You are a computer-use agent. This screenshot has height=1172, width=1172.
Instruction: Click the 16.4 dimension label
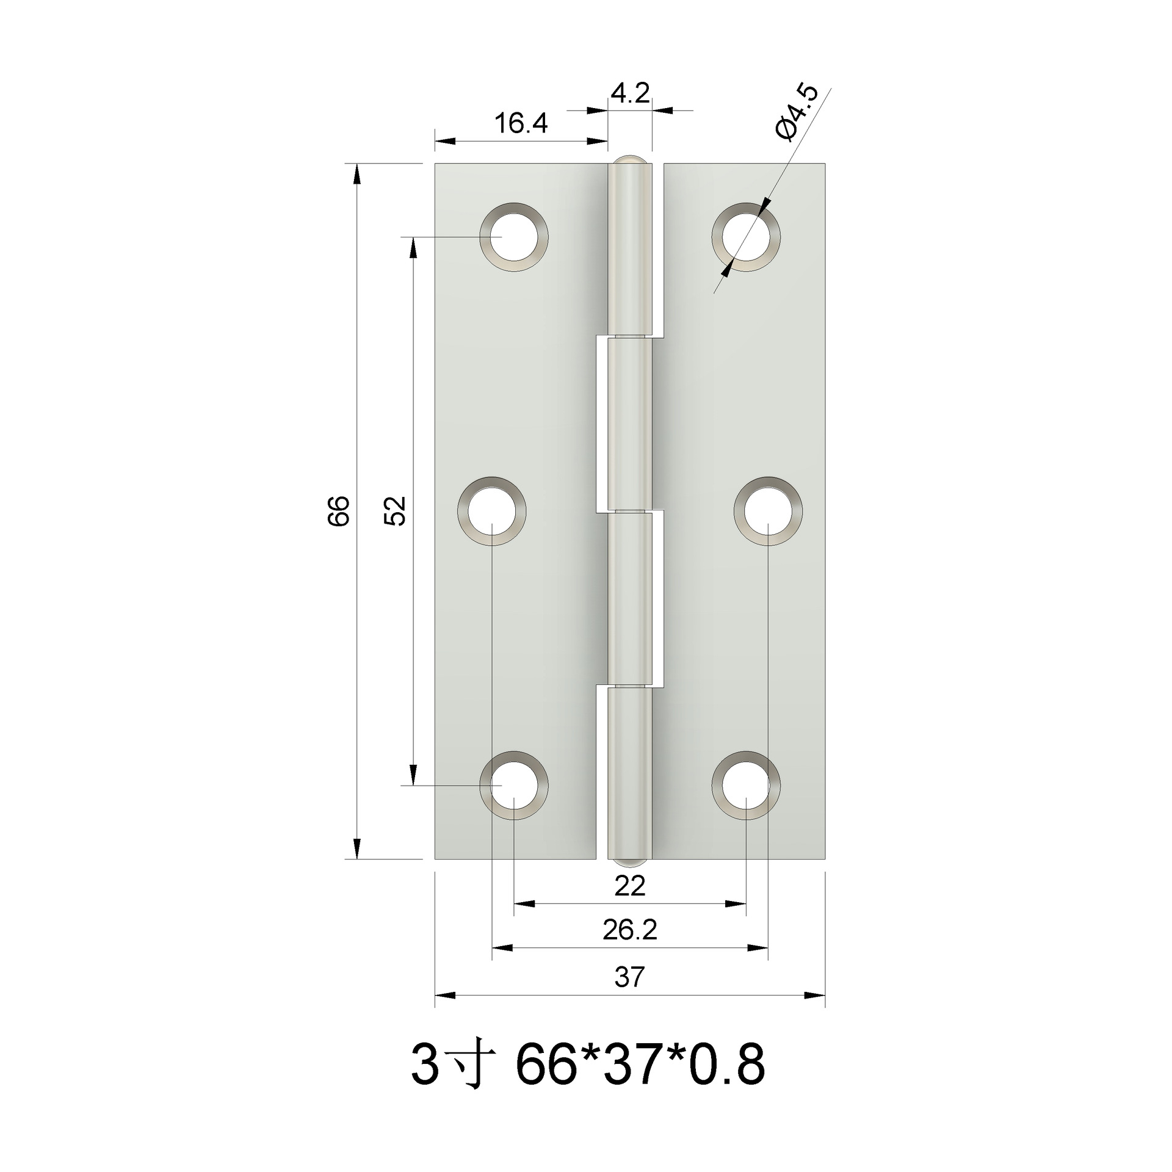(520, 124)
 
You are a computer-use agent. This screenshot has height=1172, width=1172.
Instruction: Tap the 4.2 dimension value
(630, 95)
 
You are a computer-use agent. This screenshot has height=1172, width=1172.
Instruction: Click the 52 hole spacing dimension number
(395, 510)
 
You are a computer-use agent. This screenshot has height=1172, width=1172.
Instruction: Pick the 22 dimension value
(629, 886)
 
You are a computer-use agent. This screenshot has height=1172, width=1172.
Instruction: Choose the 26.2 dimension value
(629, 930)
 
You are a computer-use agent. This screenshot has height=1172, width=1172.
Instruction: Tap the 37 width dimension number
(629, 977)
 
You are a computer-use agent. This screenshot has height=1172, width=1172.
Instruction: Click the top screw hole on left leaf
(514, 237)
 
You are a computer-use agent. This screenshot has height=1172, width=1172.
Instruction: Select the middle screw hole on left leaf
(492, 510)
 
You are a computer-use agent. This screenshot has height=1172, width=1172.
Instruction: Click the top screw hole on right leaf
(746, 237)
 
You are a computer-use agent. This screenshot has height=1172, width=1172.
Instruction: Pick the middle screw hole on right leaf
(768, 510)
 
